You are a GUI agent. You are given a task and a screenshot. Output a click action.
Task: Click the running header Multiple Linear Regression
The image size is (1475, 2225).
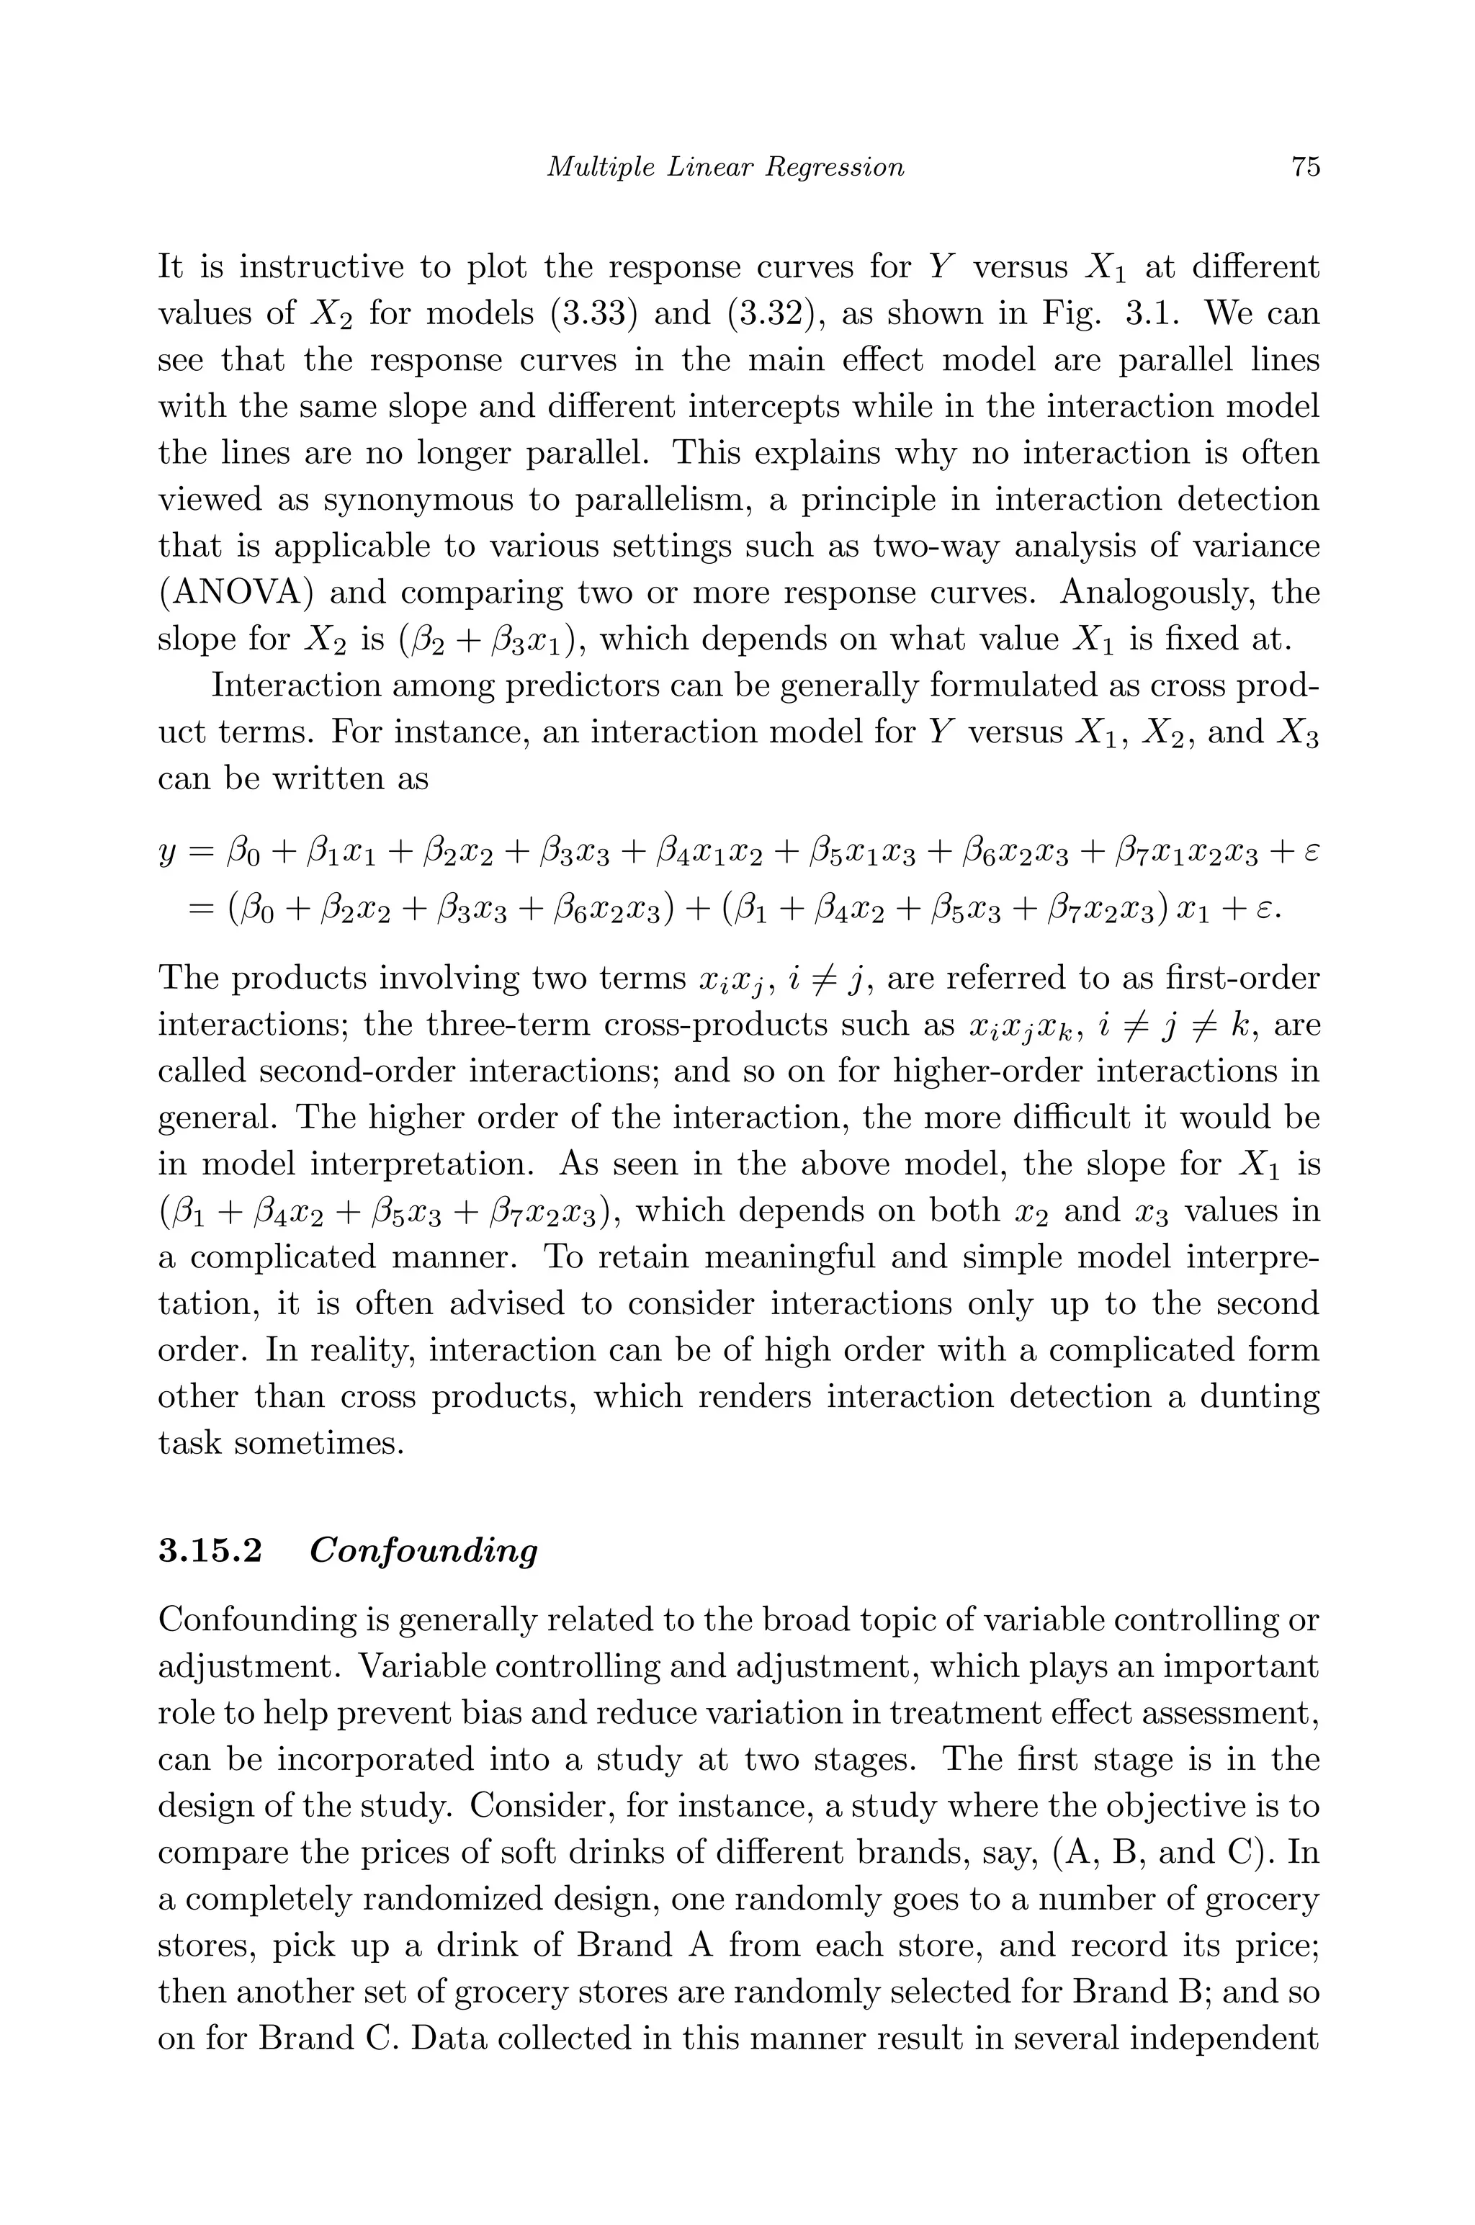(x=725, y=167)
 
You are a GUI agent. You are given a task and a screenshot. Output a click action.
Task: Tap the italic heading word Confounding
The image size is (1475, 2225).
(x=423, y=1551)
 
